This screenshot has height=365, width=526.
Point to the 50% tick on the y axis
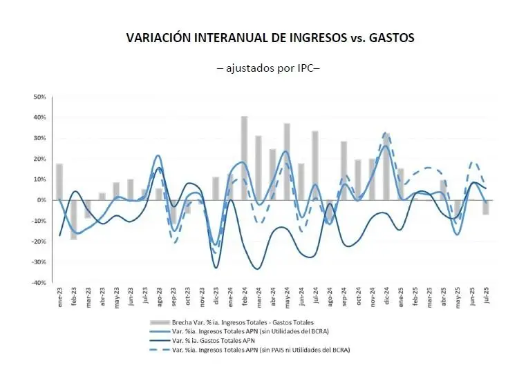[39, 97]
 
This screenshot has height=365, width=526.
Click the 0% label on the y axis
[41, 200]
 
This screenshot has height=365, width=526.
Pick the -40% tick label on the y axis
[38, 283]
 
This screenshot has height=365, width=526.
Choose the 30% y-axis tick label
[39, 138]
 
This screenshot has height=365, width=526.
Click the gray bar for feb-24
[244, 158]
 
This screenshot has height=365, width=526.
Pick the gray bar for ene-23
[59, 182]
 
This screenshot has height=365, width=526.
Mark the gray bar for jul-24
[315, 166]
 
